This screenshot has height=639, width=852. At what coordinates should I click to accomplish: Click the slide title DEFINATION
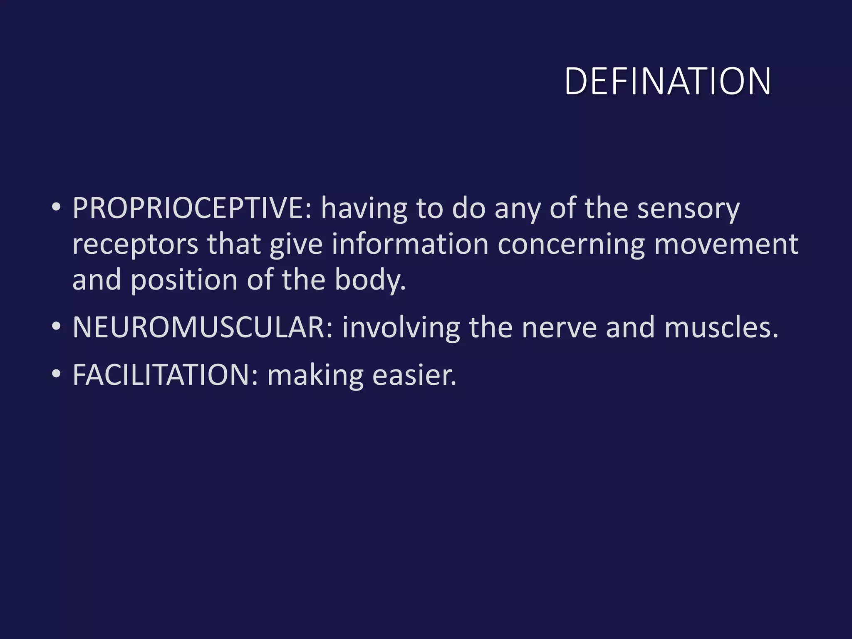coord(668,81)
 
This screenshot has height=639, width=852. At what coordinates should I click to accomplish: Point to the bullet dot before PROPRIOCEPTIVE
coord(56,207)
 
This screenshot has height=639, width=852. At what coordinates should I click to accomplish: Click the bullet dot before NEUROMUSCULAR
coord(56,326)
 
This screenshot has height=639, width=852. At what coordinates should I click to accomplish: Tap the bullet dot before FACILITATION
coord(56,374)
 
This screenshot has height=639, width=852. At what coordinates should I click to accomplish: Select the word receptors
coord(135,245)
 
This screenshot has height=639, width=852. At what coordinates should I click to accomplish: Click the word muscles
coord(721,327)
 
